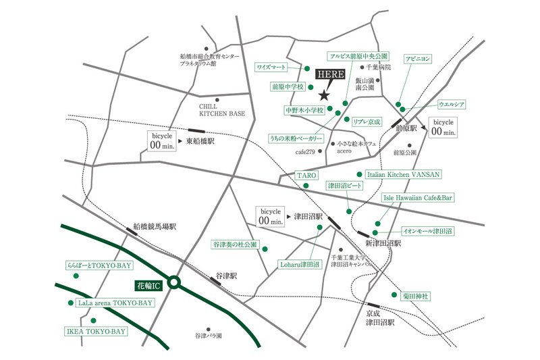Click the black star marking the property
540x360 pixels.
coord(324,95)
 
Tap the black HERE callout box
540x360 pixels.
coord(330,74)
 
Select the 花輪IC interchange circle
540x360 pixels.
coord(174,282)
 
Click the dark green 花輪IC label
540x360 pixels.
coord(148,286)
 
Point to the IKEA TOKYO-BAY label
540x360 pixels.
coord(96,332)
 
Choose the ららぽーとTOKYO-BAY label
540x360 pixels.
coord(99,265)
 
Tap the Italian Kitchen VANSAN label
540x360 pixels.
coord(403,174)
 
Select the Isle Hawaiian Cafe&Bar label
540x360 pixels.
coord(417,198)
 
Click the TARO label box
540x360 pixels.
coord(306,175)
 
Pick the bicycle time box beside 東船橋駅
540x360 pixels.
coord(161,141)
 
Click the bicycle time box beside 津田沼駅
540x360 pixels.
coord(271,216)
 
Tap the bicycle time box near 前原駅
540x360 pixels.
coord(443,128)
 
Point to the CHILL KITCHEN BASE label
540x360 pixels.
coord(222,110)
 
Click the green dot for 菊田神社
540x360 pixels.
coord(394,294)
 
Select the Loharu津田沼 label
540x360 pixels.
coord(300,265)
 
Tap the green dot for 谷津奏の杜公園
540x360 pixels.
coord(265,249)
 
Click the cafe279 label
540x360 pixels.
coord(305,151)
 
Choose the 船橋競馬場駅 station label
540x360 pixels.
coord(155,226)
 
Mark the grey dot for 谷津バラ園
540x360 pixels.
coord(208,330)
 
